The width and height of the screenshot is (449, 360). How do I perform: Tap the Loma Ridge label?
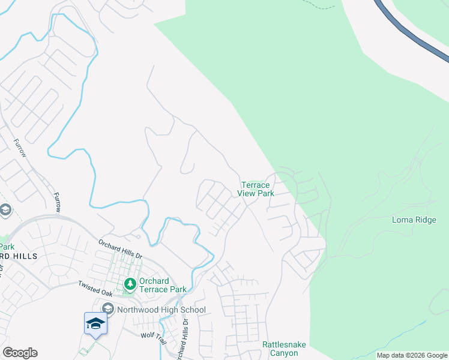tap(414, 220)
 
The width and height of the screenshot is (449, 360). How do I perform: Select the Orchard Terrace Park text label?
tap(162, 285)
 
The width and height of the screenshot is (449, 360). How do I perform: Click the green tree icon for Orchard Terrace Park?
tap(128, 283)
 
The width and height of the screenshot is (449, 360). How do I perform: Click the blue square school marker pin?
tap(95, 323)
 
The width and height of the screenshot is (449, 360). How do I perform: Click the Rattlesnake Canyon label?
tap(280, 349)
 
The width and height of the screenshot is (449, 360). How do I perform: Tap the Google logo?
tap(20, 353)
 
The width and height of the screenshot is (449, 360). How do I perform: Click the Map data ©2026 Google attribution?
tap(412, 355)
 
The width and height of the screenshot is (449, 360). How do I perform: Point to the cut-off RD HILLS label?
tap(19, 256)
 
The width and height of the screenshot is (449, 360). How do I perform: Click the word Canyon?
tap(280, 353)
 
